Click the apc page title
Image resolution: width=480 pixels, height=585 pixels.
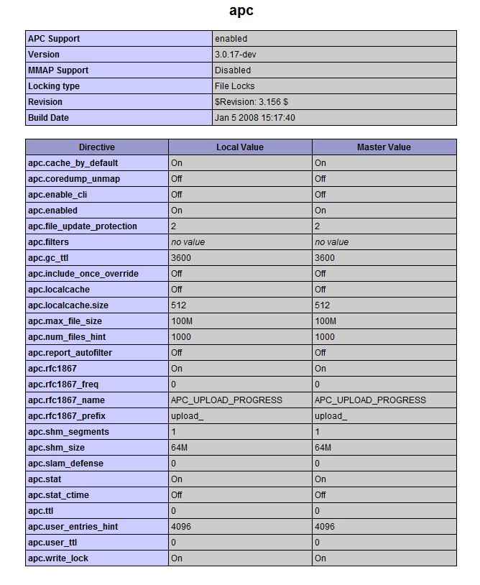241,11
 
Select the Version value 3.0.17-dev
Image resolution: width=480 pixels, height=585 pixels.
236,55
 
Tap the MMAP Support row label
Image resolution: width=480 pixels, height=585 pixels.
58,70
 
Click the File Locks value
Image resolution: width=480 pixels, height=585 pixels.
234,86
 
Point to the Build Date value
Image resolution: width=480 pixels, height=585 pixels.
254,118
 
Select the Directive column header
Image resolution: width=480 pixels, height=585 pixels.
97,147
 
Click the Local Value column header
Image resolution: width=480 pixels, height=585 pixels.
240,147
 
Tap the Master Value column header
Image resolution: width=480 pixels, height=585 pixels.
384,147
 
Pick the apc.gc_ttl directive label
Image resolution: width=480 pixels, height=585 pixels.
48,258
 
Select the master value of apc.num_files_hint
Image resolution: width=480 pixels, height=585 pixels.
325,337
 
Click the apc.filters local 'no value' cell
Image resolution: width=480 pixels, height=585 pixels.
188,242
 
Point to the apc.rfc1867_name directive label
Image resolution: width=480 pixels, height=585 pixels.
66,400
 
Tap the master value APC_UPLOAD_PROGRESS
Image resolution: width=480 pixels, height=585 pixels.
370,400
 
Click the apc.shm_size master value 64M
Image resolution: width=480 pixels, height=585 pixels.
323,448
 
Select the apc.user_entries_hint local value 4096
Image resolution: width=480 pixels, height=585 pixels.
181,527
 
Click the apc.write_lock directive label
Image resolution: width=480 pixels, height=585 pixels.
58,558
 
